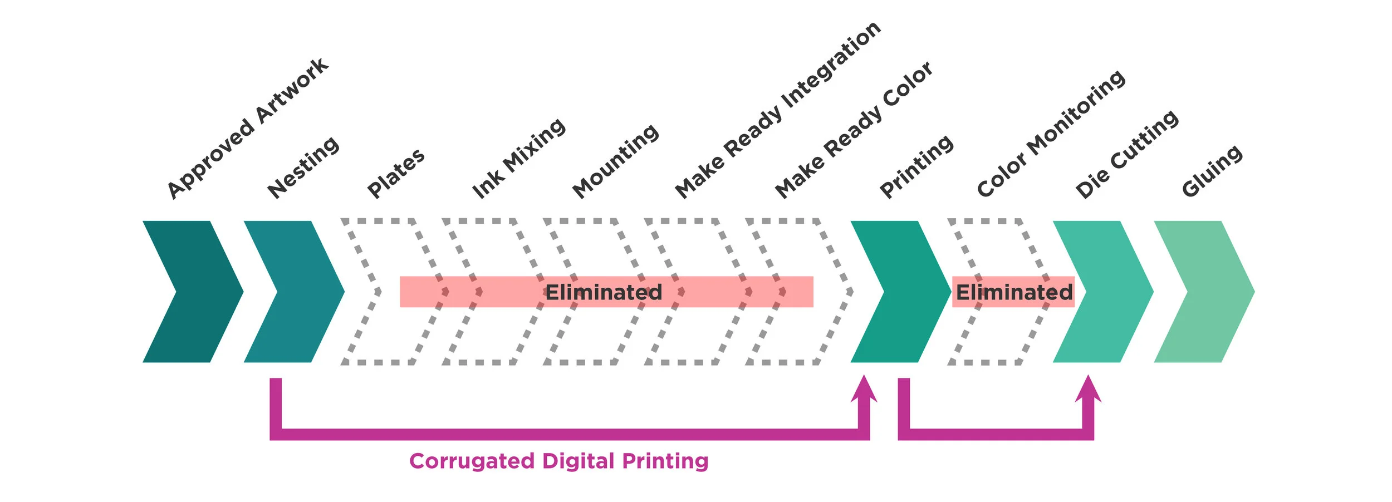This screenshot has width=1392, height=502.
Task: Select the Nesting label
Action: (303, 167)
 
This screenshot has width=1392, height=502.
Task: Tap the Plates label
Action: (396, 173)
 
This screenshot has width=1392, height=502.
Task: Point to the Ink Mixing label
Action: (518, 158)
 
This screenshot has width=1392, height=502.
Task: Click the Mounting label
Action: (616, 161)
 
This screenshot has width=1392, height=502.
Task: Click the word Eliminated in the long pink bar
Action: (604, 292)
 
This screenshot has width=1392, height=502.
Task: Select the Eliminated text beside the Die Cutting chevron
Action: (1014, 292)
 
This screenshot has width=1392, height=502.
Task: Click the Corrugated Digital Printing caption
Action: (558, 461)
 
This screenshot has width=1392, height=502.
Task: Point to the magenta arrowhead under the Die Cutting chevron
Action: (1088, 390)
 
